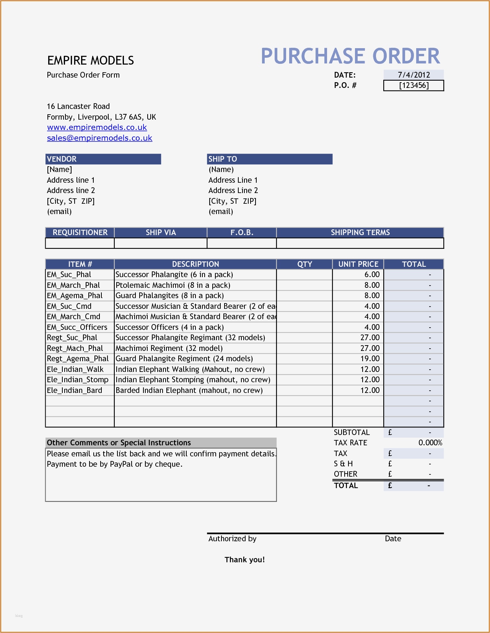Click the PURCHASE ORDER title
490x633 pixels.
coord(350,56)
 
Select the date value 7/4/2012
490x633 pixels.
coord(413,75)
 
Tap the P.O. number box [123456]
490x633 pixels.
coord(413,85)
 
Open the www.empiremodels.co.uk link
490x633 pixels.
coord(97,127)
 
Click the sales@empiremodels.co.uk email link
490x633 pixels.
coord(99,138)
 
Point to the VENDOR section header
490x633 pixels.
coord(103,159)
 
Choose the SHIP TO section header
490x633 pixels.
coord(269,159)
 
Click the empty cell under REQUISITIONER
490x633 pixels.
coord(80,243)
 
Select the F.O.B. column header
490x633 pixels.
coord(241,232)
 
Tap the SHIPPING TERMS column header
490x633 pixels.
coord(360,232)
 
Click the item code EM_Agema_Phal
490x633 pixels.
coord(75,295)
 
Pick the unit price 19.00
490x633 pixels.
coord(370,359)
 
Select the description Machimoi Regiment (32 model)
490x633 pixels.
coord(169,348)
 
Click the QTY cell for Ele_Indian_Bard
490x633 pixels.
coord(304,390)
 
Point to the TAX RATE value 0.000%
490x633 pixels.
coord(430,443)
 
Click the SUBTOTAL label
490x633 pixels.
coord(352,432)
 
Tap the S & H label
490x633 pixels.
coord(343,464)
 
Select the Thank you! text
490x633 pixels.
coord(244,560)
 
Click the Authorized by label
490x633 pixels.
coord(232,539)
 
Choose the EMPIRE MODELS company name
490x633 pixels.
coord(91,60)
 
